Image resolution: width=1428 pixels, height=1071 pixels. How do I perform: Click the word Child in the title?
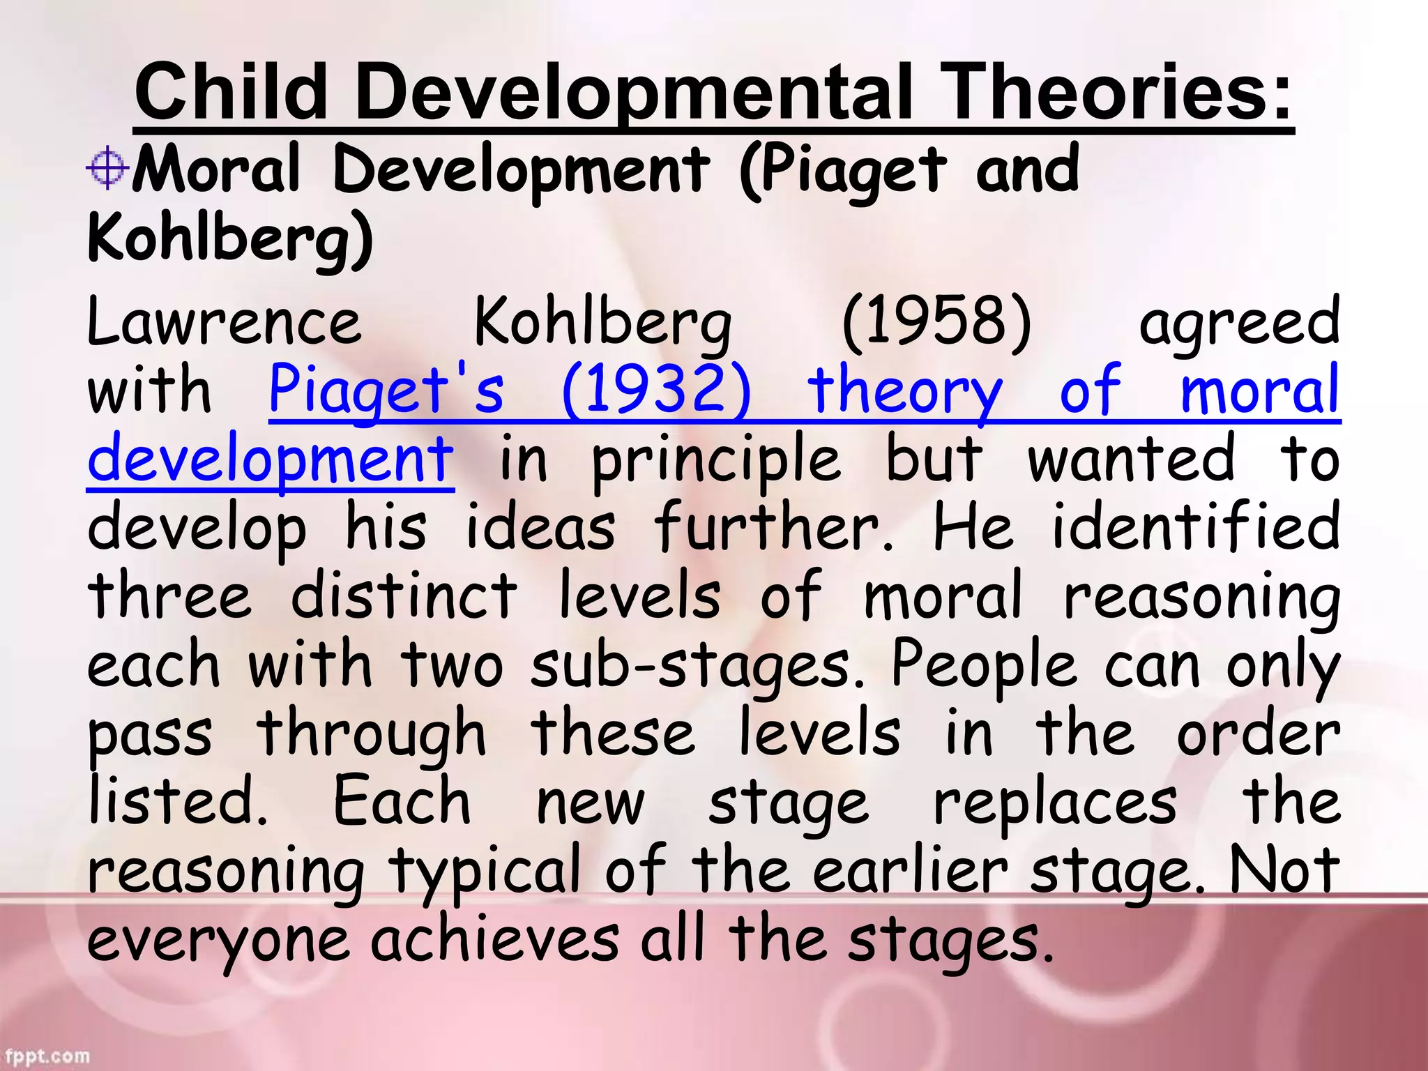coord(231,92)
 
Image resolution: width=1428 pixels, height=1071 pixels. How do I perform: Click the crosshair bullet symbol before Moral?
coord(107,168)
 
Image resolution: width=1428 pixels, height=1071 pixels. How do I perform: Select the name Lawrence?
coord(225,321)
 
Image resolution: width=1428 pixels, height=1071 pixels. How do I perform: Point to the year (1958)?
coord(936,321)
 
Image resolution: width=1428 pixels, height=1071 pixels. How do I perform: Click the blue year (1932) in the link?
coord(656,390)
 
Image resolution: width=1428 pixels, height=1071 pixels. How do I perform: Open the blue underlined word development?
coord(271,459)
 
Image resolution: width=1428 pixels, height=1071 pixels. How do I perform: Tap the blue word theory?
coord(904,391)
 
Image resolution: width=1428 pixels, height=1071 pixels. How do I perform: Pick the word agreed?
coord(1238,323)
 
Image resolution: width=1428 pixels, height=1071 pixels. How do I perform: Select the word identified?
coord(1195,526)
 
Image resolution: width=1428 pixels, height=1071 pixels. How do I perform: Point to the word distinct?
coord(404,595)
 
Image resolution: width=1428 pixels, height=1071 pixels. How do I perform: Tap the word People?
coord(984,664)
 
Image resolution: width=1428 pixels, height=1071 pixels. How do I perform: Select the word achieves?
coord(494,938)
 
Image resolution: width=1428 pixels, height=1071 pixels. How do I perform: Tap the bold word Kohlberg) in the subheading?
coord(231,237)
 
